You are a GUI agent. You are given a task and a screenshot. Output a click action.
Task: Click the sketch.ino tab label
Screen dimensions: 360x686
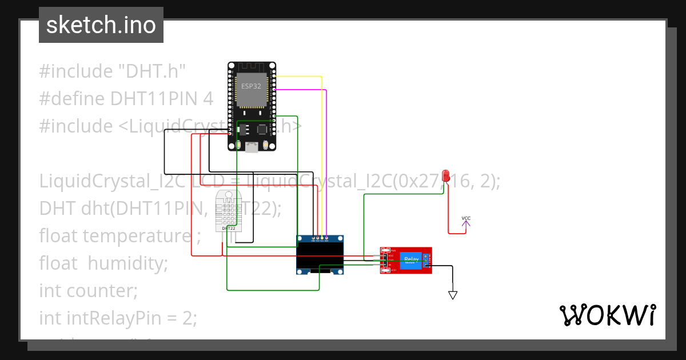tap(101, 25)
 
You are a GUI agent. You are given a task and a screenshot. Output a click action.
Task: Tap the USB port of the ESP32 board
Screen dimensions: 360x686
tap(252, 147)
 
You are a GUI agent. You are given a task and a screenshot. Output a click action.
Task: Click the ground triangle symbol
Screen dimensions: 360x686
tap(453, 295)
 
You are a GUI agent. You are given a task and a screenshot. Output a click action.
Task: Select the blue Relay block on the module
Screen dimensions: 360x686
tap(411, 260)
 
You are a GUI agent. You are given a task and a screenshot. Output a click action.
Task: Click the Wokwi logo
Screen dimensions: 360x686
tap(607, 315)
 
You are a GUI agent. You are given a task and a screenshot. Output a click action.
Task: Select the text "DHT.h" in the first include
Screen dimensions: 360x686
tap(151, 71)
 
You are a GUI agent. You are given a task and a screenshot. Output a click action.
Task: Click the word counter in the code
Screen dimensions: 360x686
tap(102, 290)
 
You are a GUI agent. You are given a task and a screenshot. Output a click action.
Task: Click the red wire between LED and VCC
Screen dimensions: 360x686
tap(448, 211)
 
